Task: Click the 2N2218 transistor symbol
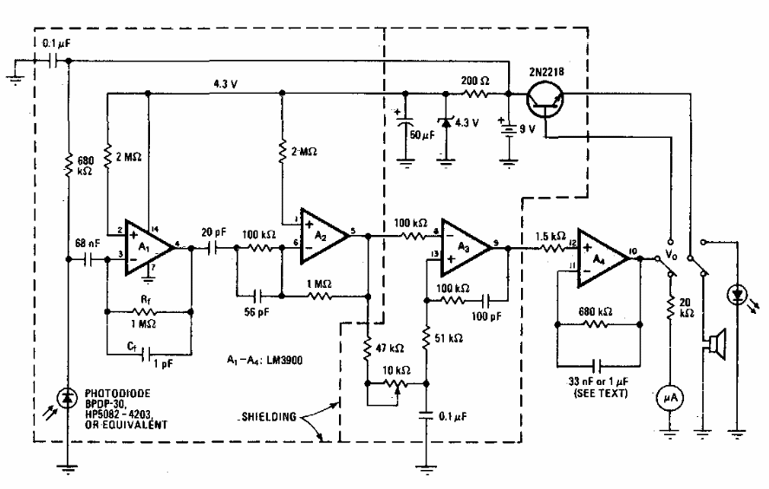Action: click(x=544, y=99)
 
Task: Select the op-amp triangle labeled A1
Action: click(x=148, y=247)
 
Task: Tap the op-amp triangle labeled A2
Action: click(x=324, y=236)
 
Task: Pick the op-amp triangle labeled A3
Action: click(x=466, y=248)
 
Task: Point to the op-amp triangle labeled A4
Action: click(x=603, y=258)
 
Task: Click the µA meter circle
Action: click(x=670, y=398)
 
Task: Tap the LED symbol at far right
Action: click(x=738, y=295)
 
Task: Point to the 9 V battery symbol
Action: click(x=509, y=129)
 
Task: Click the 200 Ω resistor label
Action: click(x=475, y=81)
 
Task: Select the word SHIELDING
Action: click(x=270, y=417)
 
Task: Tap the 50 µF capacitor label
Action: click(x=421, y=134)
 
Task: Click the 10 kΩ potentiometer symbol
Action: click(x=396, y=384)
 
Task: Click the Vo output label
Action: click(x=670, y=253)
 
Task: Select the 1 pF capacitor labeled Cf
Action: click(x=147, y=354)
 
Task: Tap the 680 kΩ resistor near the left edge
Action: click(x=68, y=164)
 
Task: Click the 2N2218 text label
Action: click(x=546, y=72)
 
